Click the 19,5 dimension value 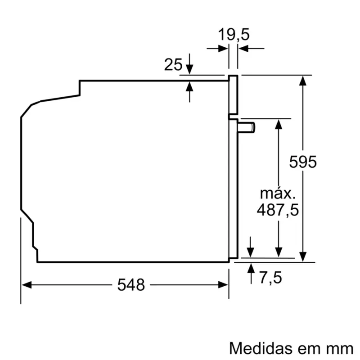point(234,34)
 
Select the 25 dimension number point(173,65)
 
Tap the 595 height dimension point(303,162)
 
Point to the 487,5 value point(278,210)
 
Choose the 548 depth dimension point(131,285)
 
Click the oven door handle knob point(248,128)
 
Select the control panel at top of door point(233,94)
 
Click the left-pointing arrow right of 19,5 point(243,48)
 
